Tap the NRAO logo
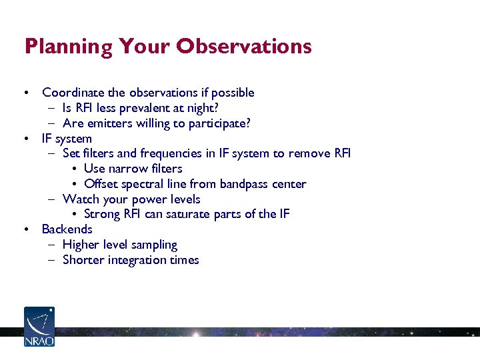pyautogui.click(x=39, y=327)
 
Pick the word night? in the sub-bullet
pyautogui.click(x=204, y=108)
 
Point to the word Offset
pyautogui.click(x=101, y=184)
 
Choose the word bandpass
pyautogui.click(x=247, y=184)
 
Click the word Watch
pyautogui.click(x=79, y=199)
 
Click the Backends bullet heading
pyautogui.click(x=67, y=229)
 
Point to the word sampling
pyautogui.click(x=154, y=245)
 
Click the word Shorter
pyautogui.click(x=83, y=260)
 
